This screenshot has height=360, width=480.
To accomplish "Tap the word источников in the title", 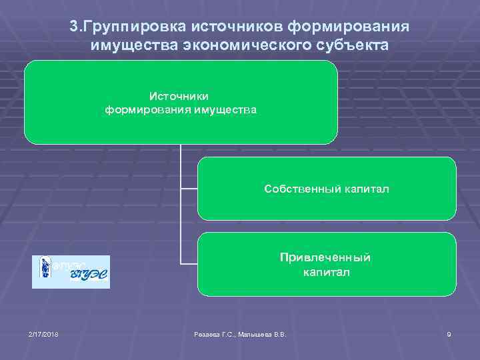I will click(x=237, y=26).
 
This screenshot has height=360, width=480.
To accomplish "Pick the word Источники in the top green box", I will click(x=181, y=96).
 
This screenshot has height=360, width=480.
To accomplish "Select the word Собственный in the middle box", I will click(x=301, y=189).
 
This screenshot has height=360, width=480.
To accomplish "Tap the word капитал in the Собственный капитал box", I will click(x=365, y=189).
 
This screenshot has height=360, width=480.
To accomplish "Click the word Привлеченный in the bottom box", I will click(x=326, y=257).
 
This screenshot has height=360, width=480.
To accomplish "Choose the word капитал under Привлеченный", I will click(x=326, y=272).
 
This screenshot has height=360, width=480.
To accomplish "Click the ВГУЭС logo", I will click(x=71, y=272).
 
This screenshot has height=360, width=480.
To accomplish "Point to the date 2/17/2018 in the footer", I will click(x=43, y=334).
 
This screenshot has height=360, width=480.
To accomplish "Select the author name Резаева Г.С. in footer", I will click(x=213, y=334).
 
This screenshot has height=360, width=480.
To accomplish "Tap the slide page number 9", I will click(x=449, y=334).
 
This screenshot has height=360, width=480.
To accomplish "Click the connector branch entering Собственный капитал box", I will click(x=189, y=189).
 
